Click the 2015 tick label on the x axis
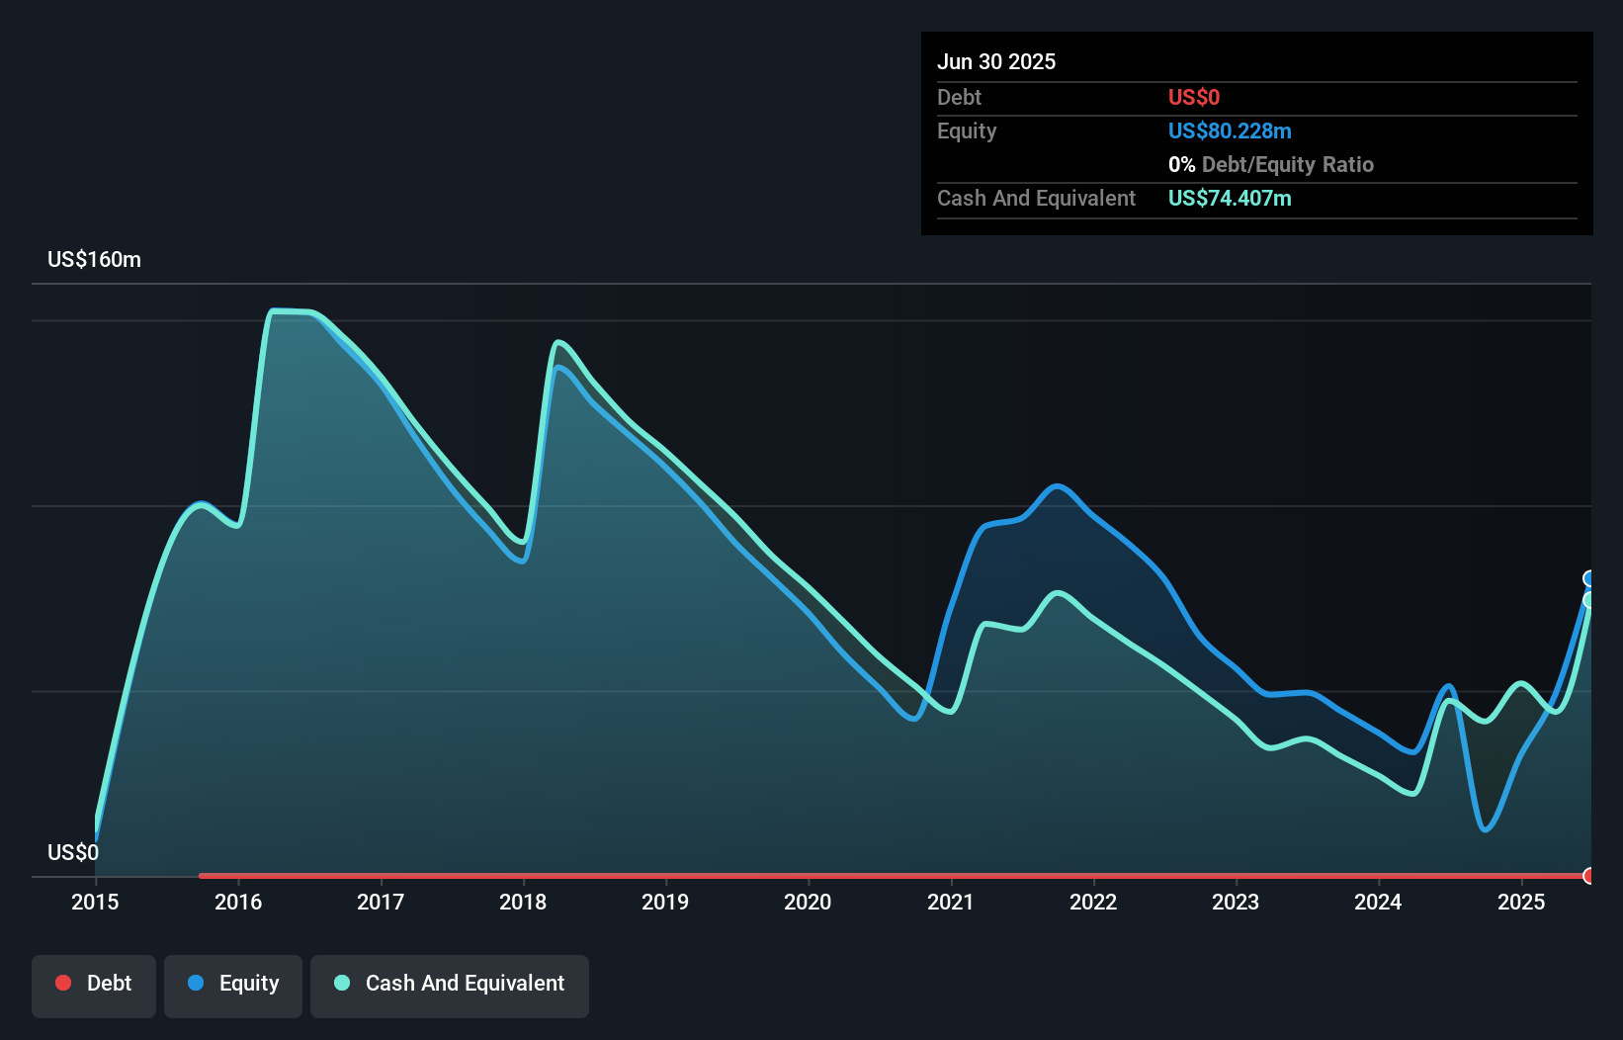click(x=95, y=902)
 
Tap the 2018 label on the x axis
click(x=523, y=902)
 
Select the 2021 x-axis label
click(x=950, y=902)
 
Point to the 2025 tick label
click(x=1520, y=902)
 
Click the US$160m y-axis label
click(x=94, y=260)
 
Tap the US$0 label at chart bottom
click(x=73, y=852)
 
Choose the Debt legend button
click(x=94, y=984)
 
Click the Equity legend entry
click(x=233, y=984)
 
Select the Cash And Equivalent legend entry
click(x=450, y=984)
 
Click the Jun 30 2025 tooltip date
click(x=996, y=61)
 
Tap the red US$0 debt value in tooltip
click(x=1193, y=97)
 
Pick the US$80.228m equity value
click(x=1229, y=130)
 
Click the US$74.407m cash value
click(x=1229, y=198)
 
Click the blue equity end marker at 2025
click(x=1589, y=578)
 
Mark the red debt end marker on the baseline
click(x=1589, y=876)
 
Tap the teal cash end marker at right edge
click(x=1589, y=600)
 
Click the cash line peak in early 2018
click(x=558, y=343)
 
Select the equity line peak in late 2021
click(x=1058, y=485)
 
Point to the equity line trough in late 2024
click(x=1486, y=829)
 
